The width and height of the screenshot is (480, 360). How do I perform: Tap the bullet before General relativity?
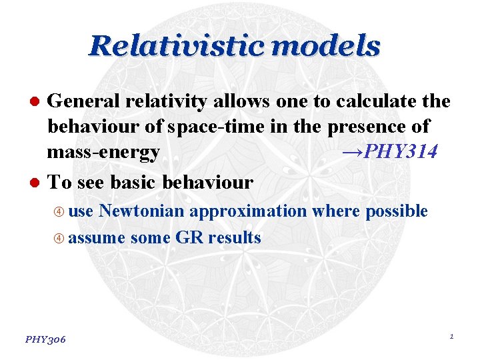[38, 101]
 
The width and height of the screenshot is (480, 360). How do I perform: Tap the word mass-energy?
[103, 153]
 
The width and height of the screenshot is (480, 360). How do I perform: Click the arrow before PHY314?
[349, 153]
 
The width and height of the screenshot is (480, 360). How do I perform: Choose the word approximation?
[248, 211]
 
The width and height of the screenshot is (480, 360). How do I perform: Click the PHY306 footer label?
[45, 339]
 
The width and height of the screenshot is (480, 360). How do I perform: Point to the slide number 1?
[451, 337]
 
